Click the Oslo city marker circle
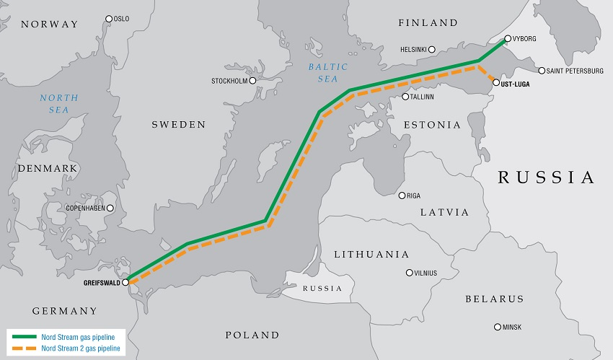(109, 19)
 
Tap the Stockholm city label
(229, 81)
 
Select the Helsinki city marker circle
(431, 50)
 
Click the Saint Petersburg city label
(575, 71)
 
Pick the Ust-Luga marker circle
(495, 83)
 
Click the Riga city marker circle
(402, 196)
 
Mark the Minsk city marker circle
(497, 327)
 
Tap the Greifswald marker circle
(125, 283)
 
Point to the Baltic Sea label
(328, 72)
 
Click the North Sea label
(54, 103)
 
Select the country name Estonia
(432, 125)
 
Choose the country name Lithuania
(371, 255)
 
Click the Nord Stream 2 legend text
(83, 348)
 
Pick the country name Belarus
(494, 299)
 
